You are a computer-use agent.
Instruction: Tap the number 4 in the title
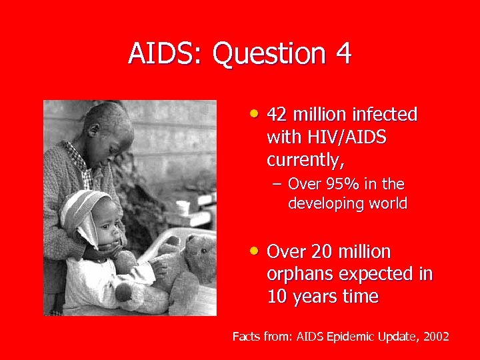[343, 53]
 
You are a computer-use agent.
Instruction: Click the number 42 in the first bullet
[278, 115]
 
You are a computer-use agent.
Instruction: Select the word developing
[325, 204]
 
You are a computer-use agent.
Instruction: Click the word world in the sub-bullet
[386, 203]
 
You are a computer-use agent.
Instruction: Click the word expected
[374, 274]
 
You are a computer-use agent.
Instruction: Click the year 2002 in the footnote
[433, 337]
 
